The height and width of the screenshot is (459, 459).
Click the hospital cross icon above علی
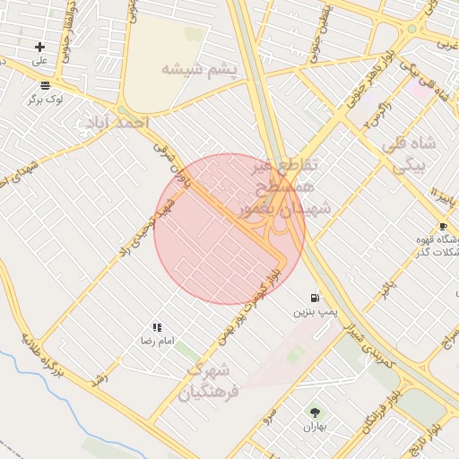(39, 47)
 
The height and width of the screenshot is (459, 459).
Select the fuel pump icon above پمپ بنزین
(314, 297)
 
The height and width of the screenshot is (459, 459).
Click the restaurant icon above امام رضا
(157, 328)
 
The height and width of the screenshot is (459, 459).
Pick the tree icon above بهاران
(315, 411)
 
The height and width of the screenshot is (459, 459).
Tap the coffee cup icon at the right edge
(442, 226)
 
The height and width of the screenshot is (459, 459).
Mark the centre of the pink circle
(229, 229)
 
